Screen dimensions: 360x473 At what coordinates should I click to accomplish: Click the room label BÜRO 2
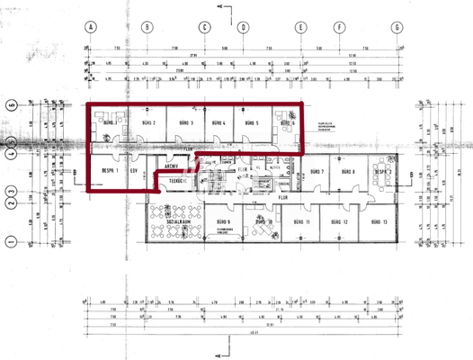(x=149, y=122)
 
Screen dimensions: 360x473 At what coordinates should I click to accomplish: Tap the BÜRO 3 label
(x=186, y=122)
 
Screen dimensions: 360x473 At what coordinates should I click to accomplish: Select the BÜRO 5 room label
(x=251, y=122)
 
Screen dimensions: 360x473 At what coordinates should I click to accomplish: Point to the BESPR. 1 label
(x=112, y=171)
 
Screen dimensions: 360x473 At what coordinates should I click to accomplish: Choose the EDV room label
(x=134, y=171)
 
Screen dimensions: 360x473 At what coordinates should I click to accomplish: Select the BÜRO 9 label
(x=222, y=221)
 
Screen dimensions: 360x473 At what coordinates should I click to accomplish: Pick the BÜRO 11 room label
(x=301, y=221)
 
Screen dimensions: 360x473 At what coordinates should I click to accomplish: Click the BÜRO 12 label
(x=339, y=221)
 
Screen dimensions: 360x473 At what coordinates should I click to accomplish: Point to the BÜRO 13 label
(x=378, y=221)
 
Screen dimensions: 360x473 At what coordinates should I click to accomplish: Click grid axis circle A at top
(x=91, y=27)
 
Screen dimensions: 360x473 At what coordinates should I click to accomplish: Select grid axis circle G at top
(x=396, y=27)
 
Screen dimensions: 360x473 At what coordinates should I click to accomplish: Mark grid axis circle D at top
(x=244, y=27)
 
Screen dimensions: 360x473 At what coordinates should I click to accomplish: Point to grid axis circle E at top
(x=299, y=27)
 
